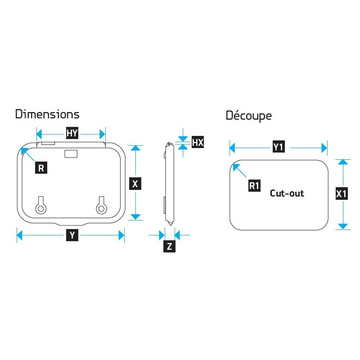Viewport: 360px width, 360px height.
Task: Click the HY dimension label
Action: pyautogui.click(x=72, y=134)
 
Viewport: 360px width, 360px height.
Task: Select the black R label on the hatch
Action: pyautogui.click(x=41, y=168)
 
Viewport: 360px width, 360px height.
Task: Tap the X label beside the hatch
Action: pyautogui.click(x=135, y=184)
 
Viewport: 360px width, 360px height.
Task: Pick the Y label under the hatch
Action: pyautogui.click(x=72, y=235)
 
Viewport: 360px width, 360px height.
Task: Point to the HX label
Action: pyautogui.click(x=198, y=143)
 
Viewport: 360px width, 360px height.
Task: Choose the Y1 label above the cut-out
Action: pyautogui.click(x=279, y=147)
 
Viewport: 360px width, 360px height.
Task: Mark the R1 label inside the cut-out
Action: pyautogui.click(x=255, y=185)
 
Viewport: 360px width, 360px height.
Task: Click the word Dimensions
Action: pyautogui.click(x=47, y=114)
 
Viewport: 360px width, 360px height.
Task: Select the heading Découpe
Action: pyautogui.click(x=248, y=116)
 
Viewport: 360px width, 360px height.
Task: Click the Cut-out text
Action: pyautogui.click(x=287, y=193)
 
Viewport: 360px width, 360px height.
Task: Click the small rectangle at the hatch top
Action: pyautogui.click(x=71, y=154)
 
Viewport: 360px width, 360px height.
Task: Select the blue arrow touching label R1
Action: pyautogui.click(x=239, y=171)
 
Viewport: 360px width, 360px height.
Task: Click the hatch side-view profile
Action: pyautogui.click(x=168, y=184)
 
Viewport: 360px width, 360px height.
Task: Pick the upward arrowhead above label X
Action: pyautogui.click(x=135, y=149)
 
